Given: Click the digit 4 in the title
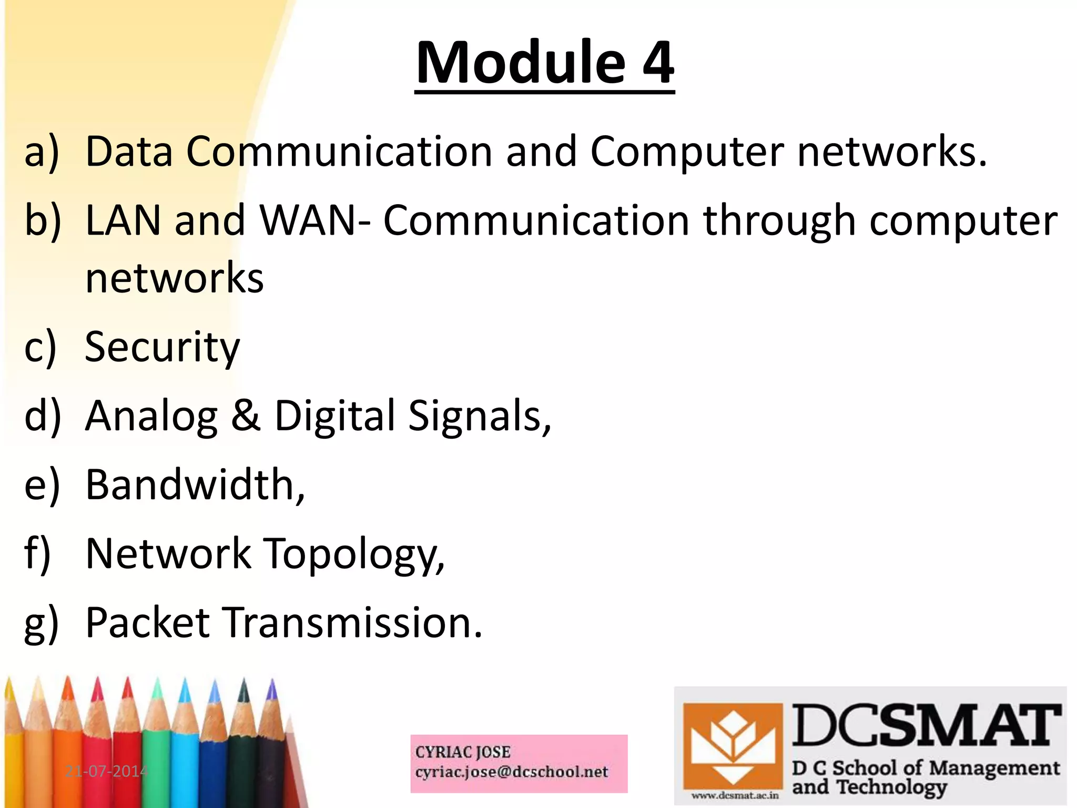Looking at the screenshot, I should (657, 63).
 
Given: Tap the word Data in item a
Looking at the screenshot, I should (129, 151).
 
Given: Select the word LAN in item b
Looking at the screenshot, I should (123, 220).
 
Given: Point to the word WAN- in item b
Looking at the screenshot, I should (314, 220).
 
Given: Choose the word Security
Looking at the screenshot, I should (162, 347).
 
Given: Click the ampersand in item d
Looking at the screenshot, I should (246, 416).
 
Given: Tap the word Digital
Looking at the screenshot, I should (334, 416).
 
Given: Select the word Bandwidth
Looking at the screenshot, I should (195, 484).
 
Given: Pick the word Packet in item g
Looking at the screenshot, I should (148, 623).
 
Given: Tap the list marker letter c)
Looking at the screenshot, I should (40, 348).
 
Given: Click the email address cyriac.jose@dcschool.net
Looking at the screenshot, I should (511, 772).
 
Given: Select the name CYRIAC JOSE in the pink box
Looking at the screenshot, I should (463, 752).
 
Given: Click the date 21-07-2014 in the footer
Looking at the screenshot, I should (107, 771).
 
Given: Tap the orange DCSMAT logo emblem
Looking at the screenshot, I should (732, 746).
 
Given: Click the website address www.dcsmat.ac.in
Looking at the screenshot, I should (735, 795).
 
